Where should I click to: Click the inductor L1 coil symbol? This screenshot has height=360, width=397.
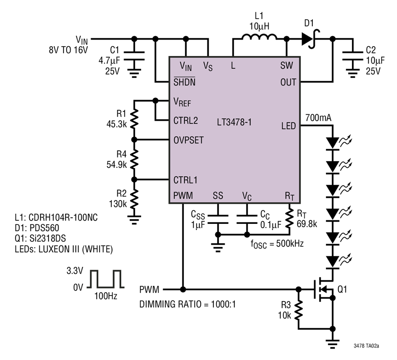coord(259,37)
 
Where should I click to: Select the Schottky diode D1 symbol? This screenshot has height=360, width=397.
coord(311,39)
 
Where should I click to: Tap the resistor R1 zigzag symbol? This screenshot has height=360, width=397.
coord(134,119)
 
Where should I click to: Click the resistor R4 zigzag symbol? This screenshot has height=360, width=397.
coord(134,159)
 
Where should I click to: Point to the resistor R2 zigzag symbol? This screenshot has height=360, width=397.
coord(134,199)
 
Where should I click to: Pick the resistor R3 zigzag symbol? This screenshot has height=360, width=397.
coord(299,310)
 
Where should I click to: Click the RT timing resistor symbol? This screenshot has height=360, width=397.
coord(290,219)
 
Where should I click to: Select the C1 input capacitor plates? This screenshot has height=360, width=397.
coord(134,56)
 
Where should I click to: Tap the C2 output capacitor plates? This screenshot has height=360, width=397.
coord(352,56)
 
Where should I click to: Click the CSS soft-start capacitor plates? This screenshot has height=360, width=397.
coord(218,219)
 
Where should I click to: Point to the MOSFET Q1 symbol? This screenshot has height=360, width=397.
coord(324,289)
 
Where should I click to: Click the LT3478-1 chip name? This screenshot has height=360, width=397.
coord(234,122)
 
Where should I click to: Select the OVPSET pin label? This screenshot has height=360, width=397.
coord(188,140)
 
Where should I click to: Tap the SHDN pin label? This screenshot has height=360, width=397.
coord(184,82)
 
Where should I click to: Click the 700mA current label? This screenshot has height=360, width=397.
coord(318,118)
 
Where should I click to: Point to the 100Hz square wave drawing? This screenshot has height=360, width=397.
coord(105,279)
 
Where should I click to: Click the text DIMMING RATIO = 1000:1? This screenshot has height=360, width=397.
coord(187,304)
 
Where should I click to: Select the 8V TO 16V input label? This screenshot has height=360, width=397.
coord(68,50)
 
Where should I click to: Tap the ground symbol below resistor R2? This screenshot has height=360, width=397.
coord(134,219)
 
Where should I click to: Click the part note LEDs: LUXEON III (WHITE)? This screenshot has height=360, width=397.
coord(64,249)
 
